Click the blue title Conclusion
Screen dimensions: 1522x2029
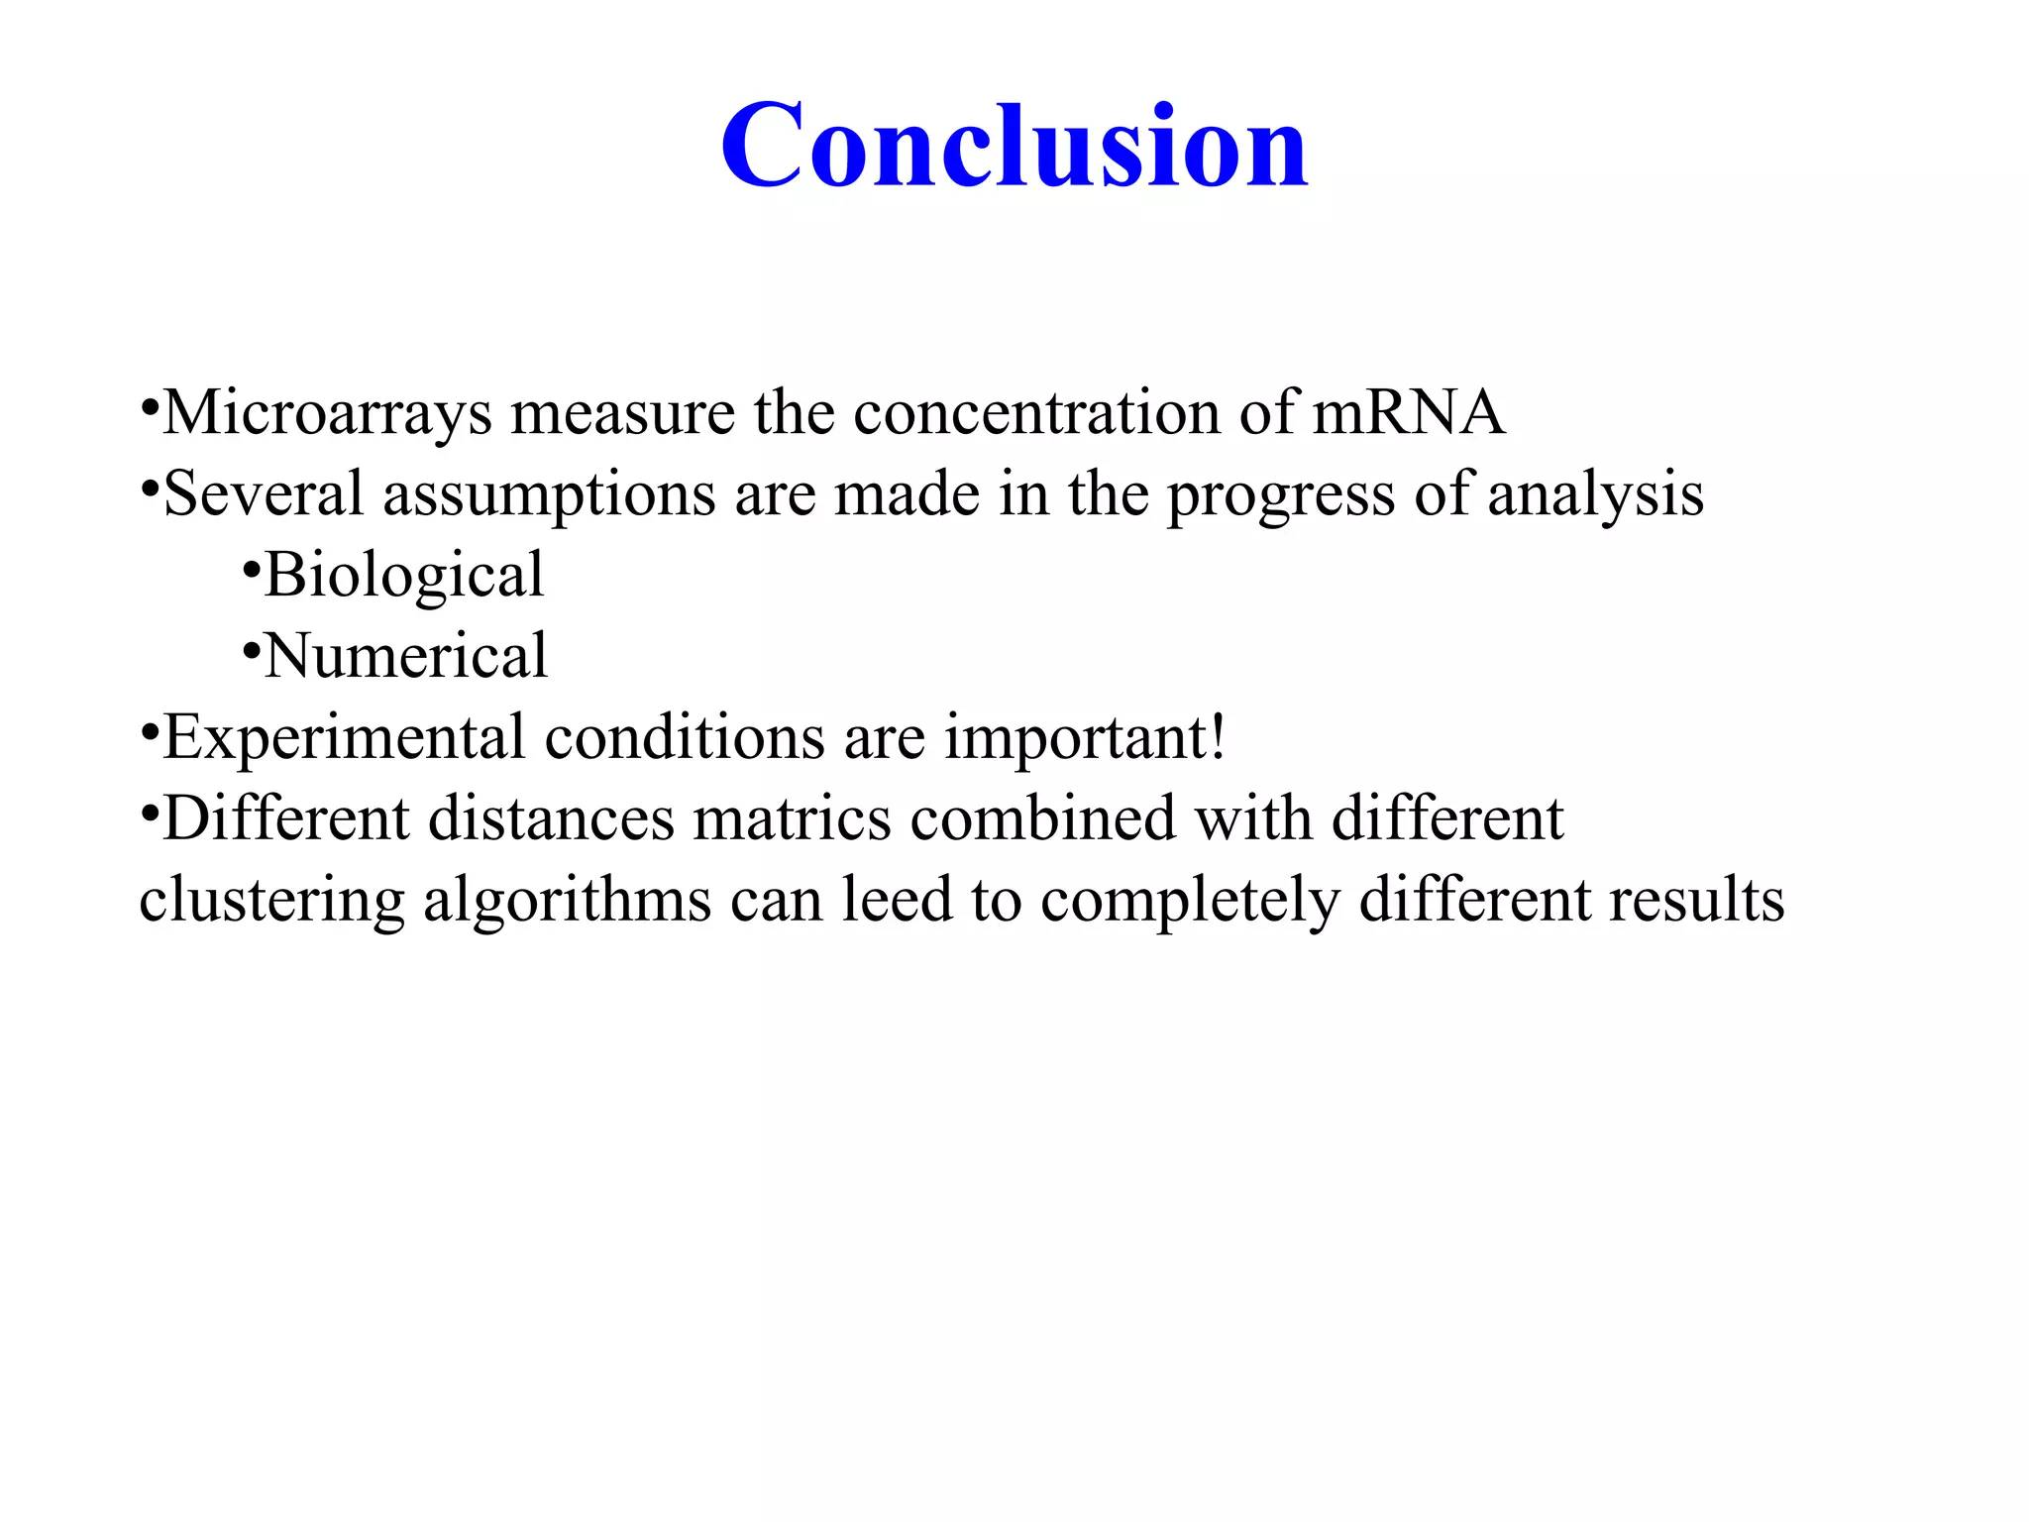point(1014,147)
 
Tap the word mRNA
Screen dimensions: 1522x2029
point(1408,412)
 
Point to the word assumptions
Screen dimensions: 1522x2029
point(549,495)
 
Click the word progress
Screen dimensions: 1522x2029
point(1281,495)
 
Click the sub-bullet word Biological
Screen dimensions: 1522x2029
point(404,576)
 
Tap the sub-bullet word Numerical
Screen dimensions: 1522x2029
point(405,656)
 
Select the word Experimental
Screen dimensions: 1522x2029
point(344,738)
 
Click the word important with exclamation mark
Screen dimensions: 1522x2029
point(1085,738)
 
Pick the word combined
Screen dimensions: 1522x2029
point(1043,819)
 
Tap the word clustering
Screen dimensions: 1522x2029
point(271,902)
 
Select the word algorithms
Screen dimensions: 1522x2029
point(567,902)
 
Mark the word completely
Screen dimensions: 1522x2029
point(1190,902)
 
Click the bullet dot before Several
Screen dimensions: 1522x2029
point(150,489)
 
